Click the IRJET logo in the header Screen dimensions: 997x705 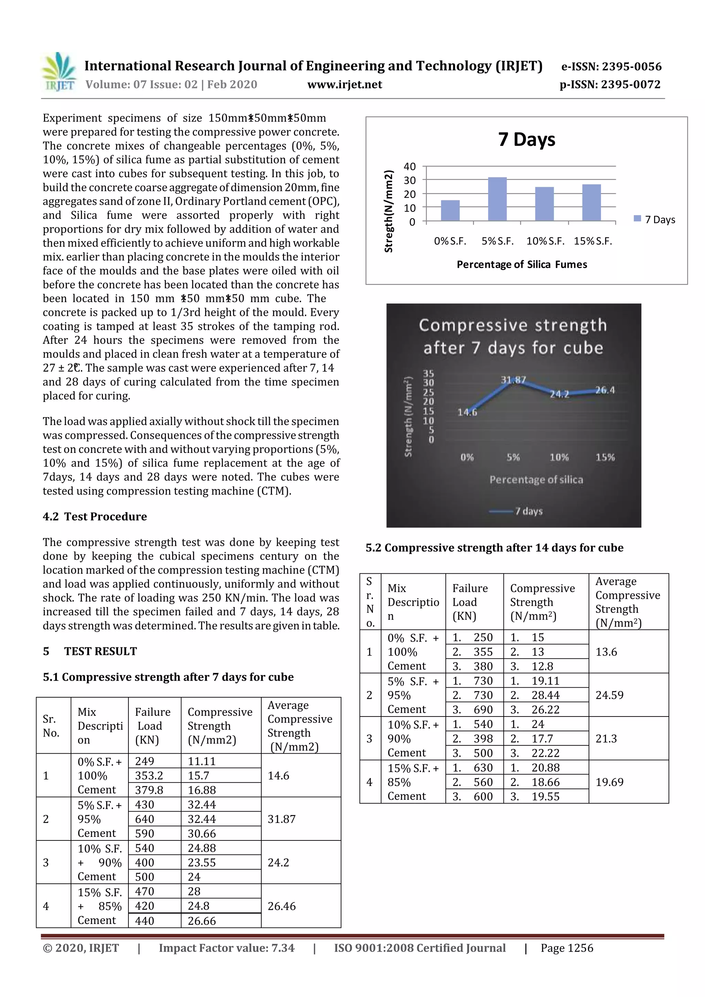click(59, 72)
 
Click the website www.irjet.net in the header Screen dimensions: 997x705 click(345, 85)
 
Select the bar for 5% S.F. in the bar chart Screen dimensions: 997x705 click(497, 199)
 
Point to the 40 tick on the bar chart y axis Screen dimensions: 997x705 click(410, 166)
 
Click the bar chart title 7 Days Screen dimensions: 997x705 click(526, 139)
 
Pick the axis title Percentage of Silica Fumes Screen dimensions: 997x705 click(521, 264)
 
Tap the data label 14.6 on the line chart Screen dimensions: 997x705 click(467, 412)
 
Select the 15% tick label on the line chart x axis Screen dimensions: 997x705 click(605, 457)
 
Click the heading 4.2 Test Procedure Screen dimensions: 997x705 click(95, 516)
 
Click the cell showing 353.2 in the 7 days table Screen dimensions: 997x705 click(149, 776)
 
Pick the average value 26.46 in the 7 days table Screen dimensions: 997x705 click(282, 906)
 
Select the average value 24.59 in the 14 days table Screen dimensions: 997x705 click(609, 695)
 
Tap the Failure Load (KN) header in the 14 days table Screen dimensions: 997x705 click(470, 602)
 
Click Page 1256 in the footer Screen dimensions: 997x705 click(566, 948)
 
